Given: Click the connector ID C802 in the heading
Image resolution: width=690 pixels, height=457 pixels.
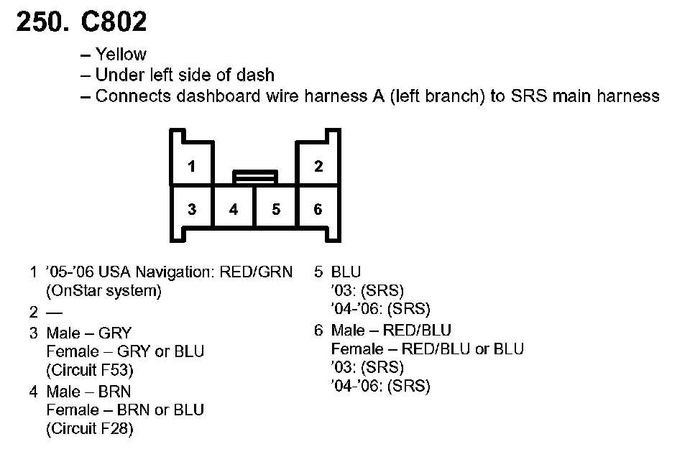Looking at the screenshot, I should point(114,22).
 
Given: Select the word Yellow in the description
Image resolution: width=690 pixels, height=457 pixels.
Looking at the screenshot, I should point(121,55).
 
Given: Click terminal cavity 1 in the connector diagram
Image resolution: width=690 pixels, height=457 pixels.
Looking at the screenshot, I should point(192,167).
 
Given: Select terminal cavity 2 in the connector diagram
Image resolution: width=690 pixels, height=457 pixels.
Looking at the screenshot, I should point(318,167).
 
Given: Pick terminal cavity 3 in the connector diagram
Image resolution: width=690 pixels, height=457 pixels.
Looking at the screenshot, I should point(192,210).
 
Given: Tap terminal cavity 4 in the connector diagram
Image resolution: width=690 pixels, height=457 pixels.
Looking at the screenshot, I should point(234,210).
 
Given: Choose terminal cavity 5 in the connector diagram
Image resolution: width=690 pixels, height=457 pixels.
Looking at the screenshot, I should point(276,210).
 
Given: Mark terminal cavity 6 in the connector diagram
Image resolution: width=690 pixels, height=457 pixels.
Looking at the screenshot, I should point(318,210).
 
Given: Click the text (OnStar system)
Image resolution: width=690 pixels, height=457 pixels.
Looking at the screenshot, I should point(103,291).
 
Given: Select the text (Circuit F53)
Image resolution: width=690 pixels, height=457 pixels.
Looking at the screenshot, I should point(90,371).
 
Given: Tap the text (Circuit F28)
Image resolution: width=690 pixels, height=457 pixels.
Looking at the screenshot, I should point(90,430).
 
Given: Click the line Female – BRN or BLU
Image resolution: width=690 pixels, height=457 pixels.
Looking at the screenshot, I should point(125,410).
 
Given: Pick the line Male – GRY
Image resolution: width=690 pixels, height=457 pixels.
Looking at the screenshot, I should point(89,333).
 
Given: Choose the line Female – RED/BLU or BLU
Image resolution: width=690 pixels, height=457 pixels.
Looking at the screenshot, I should point(428,349).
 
